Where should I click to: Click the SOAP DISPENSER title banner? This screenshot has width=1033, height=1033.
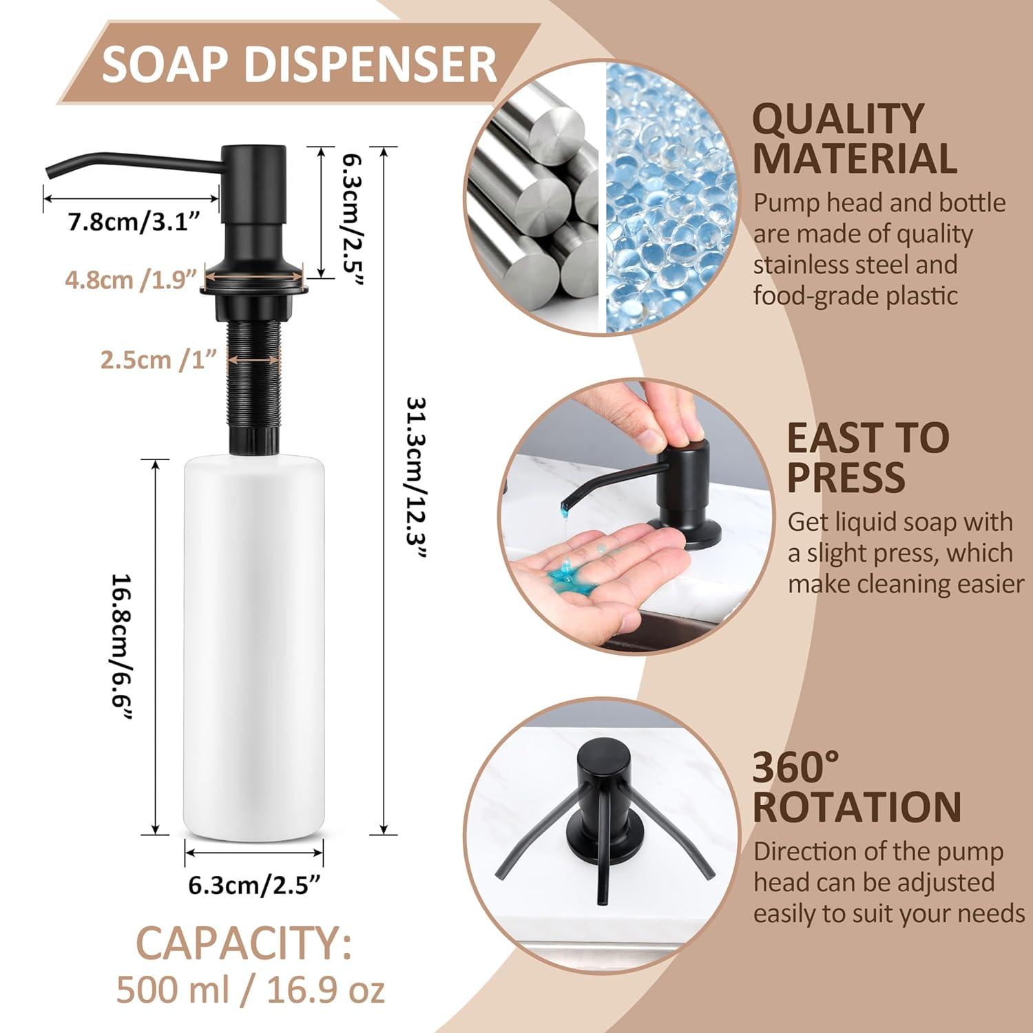(x=299, y=64)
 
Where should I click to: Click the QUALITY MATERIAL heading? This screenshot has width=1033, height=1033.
(x=854, y=138)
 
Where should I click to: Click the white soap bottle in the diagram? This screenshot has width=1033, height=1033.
(x=255, y=647)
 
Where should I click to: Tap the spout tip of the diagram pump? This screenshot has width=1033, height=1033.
(x=50, y=171)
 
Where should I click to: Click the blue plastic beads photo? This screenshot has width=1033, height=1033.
(x=666, y=200)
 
